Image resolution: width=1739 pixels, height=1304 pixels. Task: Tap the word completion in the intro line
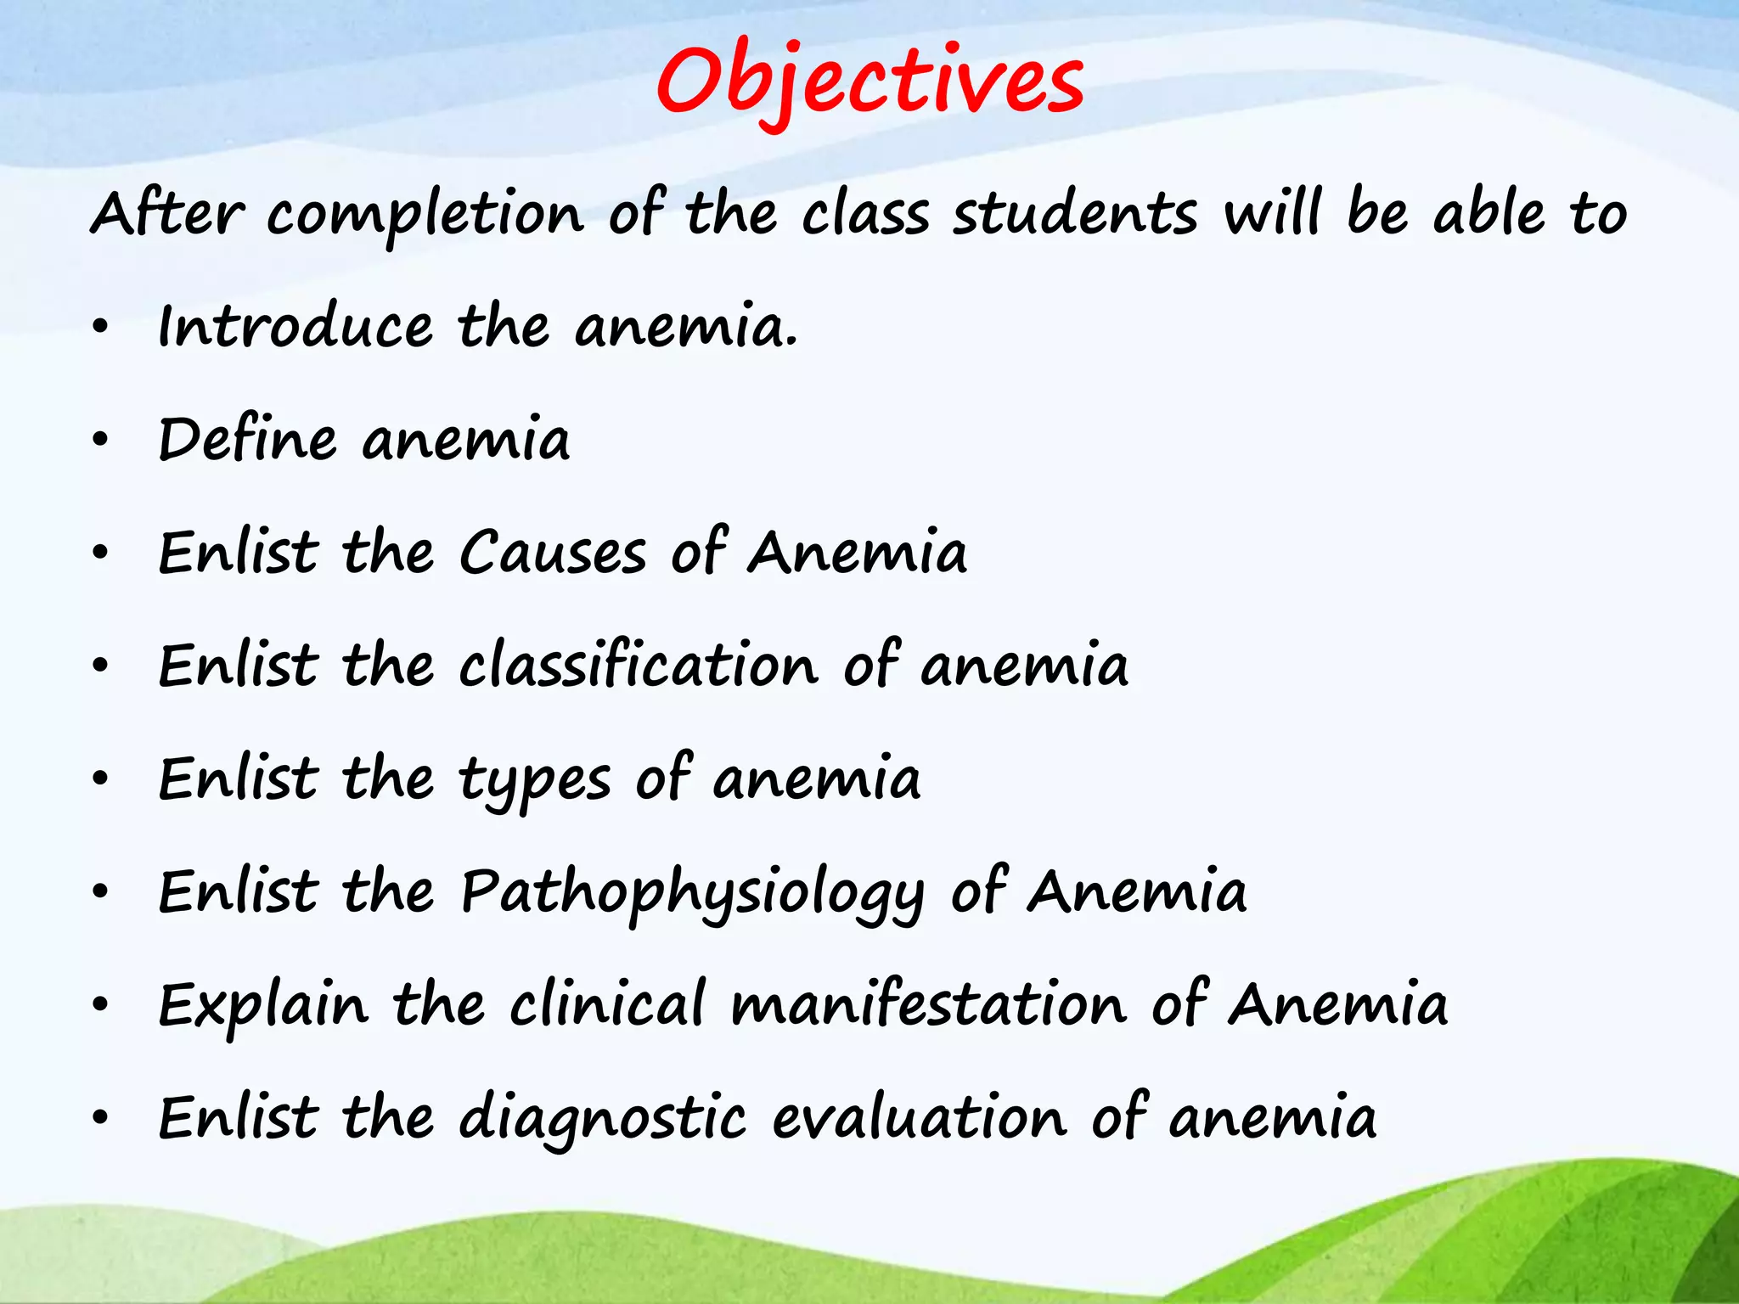[425, 215]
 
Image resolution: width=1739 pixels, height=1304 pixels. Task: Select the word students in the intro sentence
[1074, 213]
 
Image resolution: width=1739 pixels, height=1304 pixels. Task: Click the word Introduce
[295, 327]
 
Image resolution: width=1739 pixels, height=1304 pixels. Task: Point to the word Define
[247, 440]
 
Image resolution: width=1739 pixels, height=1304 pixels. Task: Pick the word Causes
[553, 553]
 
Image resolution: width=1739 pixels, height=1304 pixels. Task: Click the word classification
[639, 666]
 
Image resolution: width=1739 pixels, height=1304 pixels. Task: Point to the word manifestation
[928, 1004]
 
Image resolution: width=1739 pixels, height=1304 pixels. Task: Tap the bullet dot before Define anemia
[101, 441]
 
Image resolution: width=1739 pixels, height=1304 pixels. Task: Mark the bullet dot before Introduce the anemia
[101, 328]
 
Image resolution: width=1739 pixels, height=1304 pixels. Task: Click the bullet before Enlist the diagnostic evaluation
[101, 1118]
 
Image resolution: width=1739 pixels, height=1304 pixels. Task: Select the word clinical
[607, 1004]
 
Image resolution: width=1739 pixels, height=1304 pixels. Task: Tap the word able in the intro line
[1489, 213]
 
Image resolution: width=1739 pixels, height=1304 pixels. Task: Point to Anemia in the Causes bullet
[857, 553]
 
